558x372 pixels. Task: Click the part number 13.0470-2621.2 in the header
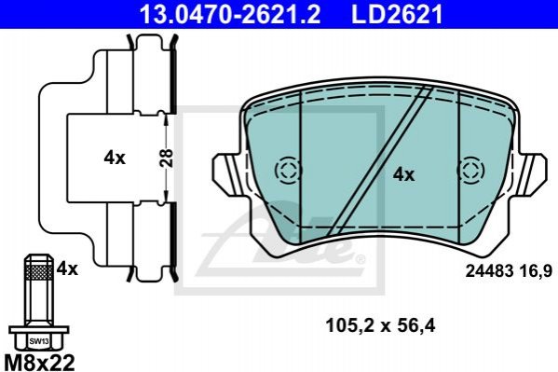(x=230, y=14)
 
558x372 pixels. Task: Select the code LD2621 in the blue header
(x=398, y=14)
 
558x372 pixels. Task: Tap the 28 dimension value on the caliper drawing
(x=166, y=158)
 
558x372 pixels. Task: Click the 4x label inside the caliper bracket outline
(x=115, y=158)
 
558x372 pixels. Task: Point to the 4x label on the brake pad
(x=403, y=174)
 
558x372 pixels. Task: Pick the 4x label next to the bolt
(x=67, y=269)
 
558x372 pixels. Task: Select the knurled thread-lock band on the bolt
(x=39, y=273)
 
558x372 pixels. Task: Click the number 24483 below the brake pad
(x=489, y=272)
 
